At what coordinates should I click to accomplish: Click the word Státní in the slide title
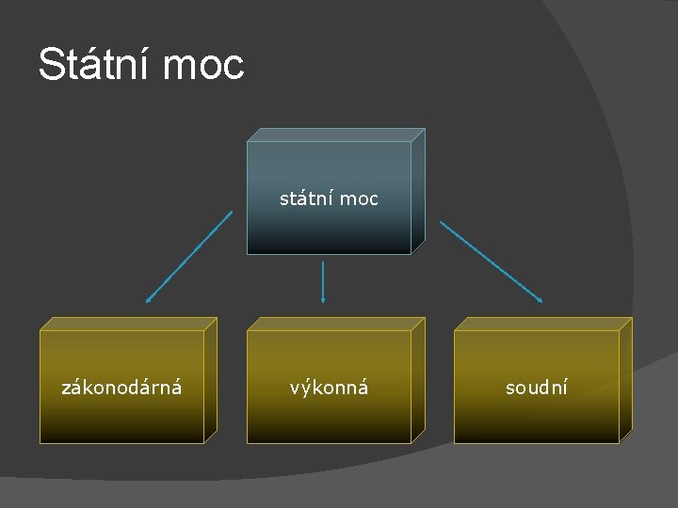(x=93, y=65)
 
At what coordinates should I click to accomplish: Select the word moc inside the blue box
(x=359, y=198)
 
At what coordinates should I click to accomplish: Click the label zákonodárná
(x=121, y=387)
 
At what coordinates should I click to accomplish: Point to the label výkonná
(x=329, y=387)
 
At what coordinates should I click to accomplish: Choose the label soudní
(x=536, y=387)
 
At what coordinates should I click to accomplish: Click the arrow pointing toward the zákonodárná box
(x=188, y=256)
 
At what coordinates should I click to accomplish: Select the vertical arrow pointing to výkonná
(x=323, y=280)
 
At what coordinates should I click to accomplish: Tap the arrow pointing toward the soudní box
(x=491, y=261)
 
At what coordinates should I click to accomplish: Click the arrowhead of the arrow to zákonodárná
(x=148, y=300)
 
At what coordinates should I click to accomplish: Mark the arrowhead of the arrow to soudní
(x=541, y=300)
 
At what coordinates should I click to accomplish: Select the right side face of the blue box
(x=418, y=192)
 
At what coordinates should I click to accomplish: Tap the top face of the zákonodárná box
(x=128, y=324)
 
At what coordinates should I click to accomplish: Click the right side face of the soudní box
(x=625, y=380)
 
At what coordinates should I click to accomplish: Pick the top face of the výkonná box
(x=335, y=324)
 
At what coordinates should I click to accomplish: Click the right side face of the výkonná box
(x=418, y=380)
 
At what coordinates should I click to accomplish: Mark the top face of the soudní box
(x=542, y=324)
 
